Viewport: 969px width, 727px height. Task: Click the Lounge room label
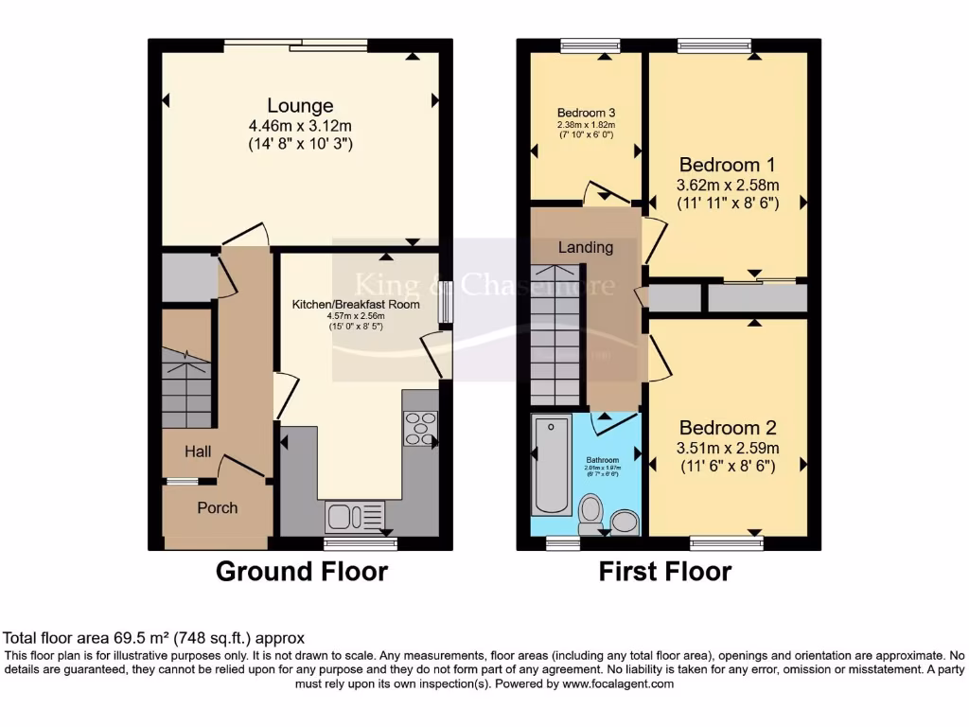[300, 106]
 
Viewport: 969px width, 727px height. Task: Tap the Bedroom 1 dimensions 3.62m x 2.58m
[728, 185]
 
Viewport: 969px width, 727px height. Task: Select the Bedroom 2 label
[719, 428]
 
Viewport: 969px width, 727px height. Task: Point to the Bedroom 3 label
[586, 110]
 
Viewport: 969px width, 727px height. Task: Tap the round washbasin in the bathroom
[624, 521]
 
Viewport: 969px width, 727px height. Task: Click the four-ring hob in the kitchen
[420, 429]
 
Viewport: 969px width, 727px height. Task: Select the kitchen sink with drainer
[355, 517]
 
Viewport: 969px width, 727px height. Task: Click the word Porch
[217, 508]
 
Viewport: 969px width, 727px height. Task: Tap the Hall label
[198, 452]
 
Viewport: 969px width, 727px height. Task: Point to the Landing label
[585, 248]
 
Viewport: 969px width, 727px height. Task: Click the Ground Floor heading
[301, 572]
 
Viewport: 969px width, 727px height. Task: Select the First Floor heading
[664, 572]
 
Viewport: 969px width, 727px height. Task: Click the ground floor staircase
[185, 388]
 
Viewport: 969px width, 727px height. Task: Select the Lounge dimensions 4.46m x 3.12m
[300, 125]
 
